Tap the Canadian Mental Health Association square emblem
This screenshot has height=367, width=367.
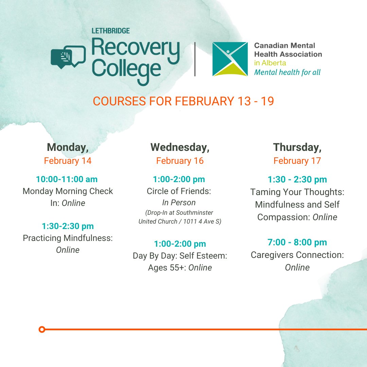[x=230, y=59]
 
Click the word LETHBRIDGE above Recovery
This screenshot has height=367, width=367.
[x=110, y=31]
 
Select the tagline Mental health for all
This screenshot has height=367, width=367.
[x=287, y=72]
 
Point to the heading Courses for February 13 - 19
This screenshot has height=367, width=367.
[x=183, y=101]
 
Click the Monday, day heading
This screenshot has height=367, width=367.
[x=68, y=147]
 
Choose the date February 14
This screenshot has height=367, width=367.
[x=68, y=160]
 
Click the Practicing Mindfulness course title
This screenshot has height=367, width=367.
[x=68, y=238]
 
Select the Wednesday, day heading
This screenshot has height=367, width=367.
[x=180, y=147]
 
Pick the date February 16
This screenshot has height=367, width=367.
[x=180, y=160]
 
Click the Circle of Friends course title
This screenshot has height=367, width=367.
[x=179, y=191]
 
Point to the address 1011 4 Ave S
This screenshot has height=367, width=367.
[x=204, y=222]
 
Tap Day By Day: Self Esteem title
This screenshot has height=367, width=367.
[x=180, y=256]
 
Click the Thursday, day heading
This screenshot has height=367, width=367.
[x=297, y=147]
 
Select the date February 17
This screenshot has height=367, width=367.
[x=297, y=160]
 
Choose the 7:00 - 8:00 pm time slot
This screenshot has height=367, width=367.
[x=297, y=242]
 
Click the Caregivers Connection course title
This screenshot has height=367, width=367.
[x=297, y=255]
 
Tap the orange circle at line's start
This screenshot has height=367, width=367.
[x=42, y=329]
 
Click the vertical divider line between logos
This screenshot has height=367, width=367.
[x=195, y=59]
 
